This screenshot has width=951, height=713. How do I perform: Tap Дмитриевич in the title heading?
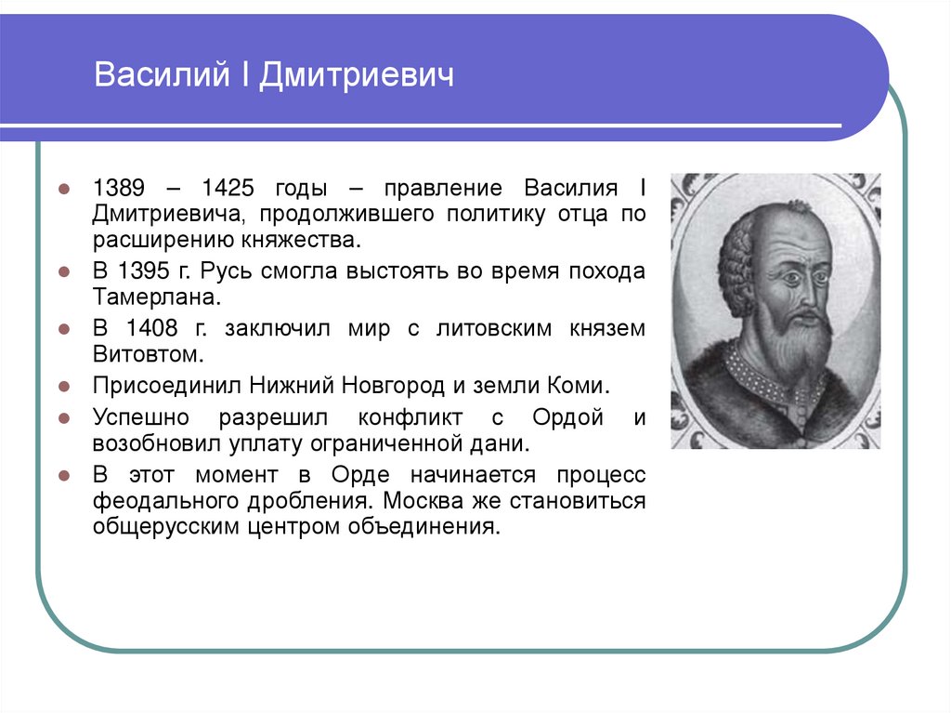point(358,75)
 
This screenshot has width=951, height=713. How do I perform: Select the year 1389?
point(117,188)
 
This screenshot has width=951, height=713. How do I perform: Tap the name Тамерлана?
point(157,298)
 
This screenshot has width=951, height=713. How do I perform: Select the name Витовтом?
point(145,354)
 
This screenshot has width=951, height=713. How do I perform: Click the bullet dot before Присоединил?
point(64,385)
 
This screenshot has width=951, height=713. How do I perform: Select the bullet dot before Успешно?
point(64,417)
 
